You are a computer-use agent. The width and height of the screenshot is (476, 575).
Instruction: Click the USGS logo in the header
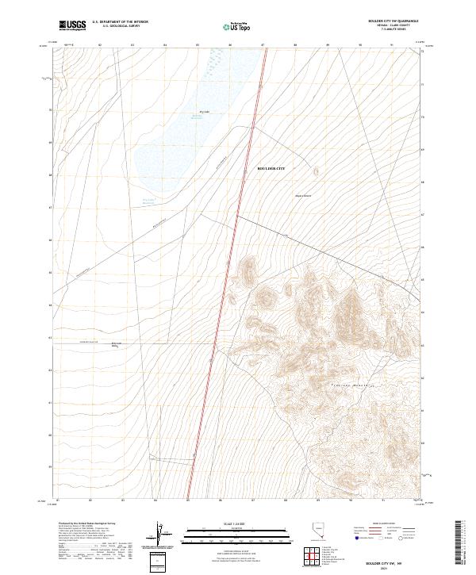tap(72, 25)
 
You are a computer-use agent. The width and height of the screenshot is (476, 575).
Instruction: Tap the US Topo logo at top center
tap(238, 27)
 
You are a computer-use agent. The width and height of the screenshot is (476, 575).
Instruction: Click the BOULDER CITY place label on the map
tap(271, 169)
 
